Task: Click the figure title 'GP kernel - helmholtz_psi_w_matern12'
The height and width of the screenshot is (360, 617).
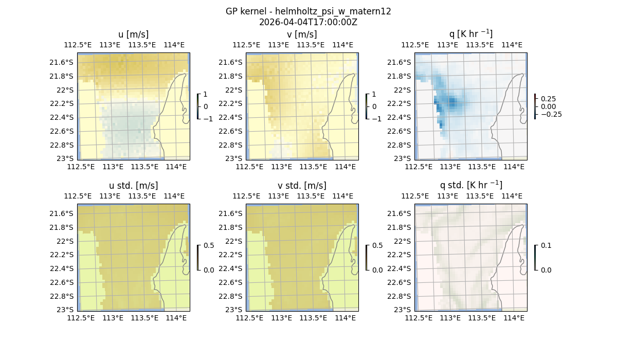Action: coord(308,11)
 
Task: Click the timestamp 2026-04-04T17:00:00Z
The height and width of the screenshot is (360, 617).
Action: coord(308,22)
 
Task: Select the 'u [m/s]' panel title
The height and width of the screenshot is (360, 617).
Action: coord(133,34)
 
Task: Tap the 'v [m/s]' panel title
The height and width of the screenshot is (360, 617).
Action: coord(302,34)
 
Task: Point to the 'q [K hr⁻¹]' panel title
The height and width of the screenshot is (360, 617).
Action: coord(470,34)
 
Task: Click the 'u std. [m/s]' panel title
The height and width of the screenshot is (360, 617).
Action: coord(133,186)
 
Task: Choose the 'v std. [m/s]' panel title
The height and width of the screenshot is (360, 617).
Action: coord(302,186)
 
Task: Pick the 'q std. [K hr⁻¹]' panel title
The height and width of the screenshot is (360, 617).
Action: coord(470,185)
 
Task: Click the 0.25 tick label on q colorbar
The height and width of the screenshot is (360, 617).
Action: coord(548,99)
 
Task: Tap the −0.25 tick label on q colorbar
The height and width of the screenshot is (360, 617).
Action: coord(551,115)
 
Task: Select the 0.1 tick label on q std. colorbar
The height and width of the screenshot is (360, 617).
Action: coord(546,245)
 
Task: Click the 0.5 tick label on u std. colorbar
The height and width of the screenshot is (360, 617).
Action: coord(209,245)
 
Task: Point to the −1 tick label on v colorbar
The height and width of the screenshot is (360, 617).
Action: coord(377,119)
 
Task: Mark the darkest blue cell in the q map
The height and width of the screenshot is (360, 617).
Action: coord(452,101)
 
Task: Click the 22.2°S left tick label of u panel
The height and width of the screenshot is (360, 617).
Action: coord(64,103)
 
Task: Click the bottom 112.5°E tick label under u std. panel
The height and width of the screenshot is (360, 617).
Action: coord(81,318)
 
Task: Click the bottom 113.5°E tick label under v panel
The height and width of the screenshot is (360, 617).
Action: coord(313,167)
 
